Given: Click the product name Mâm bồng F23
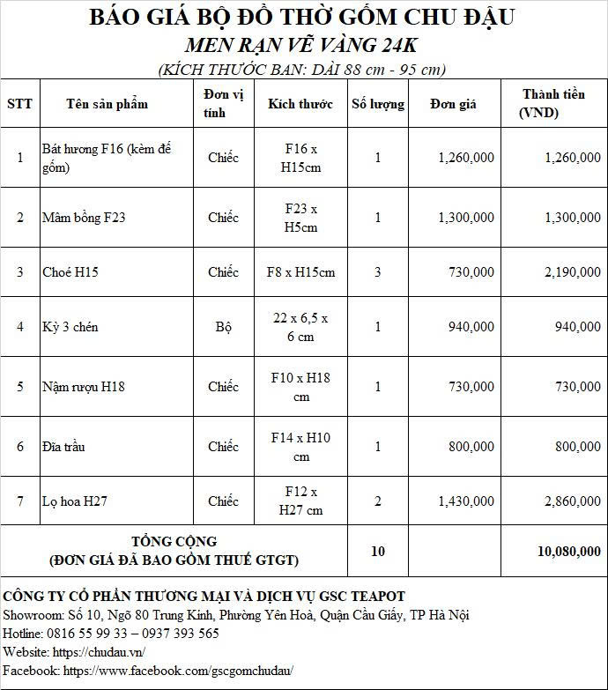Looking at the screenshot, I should (x=84, y=218).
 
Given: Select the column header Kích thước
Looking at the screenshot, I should (x=300, y=104).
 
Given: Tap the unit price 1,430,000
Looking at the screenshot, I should (x=466, y=501).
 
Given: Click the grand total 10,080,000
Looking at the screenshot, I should (x=569, y=551).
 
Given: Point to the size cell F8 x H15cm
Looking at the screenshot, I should (x=300, y=272).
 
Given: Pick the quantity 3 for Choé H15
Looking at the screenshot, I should (x=378, y=272).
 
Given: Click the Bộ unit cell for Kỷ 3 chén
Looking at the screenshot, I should (x=223, y=327).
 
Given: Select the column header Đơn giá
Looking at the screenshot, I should (x=454, y=104).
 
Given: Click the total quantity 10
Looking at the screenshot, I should (x=378, y=551).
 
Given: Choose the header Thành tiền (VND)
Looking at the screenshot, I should (x=552, y=103).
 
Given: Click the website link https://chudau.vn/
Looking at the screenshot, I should (x=98, y=652).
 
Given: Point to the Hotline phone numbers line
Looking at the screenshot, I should (x=111, y=633).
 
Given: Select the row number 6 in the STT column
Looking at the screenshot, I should (x=20, y=447).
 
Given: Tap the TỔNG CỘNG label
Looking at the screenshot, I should (x=174, y=541).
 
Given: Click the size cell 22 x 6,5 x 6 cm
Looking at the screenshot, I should (x=300, y=327).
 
